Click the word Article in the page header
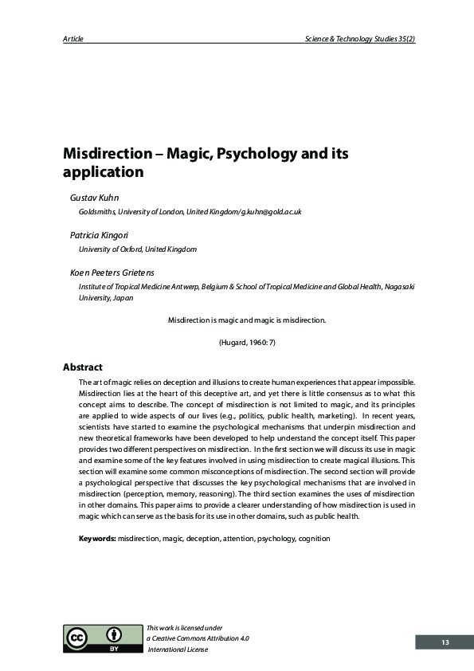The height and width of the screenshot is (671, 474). click(x=72, y=39)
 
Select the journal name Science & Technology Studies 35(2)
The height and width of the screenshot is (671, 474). click(x=359, y=39)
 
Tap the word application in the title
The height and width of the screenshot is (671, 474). click(x=104, y=171)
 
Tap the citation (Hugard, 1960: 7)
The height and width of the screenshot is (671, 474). click(x=247, y=342)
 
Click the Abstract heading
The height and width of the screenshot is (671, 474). click(x=83, y=367)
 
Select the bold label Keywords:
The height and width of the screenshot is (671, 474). click(x=97, y=539)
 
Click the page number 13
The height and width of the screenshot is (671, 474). click(x=445, y=642)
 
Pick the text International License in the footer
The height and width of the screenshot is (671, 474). click(x=178, y=649)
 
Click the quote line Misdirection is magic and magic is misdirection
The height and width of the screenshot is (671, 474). click(x=247, y=320)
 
